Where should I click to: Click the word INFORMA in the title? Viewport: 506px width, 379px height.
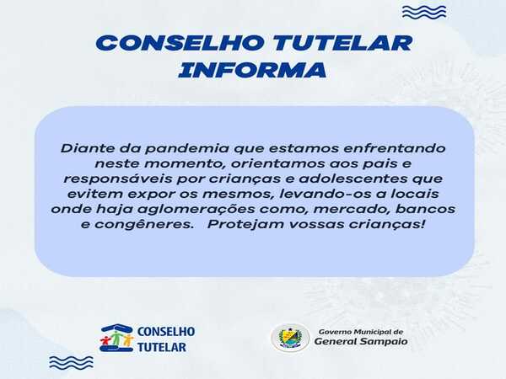(x=252, y=70)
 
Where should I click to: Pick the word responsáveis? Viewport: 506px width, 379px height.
(x=118, y=179)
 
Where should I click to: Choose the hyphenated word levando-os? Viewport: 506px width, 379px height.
(x=323, y=194)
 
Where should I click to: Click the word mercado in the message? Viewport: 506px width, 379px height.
(x=352, y=210)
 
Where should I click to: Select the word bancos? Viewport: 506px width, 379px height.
(x=425, y=210)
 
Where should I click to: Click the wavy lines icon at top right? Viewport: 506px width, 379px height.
(x=424, y=13)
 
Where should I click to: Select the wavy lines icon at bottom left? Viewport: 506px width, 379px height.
(x=72, y=362)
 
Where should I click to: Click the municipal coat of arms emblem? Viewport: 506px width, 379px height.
(x=290, y=338)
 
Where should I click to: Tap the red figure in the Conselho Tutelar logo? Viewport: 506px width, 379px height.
(x=105, y=341)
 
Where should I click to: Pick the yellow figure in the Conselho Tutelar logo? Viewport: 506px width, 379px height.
(x=128, y=340)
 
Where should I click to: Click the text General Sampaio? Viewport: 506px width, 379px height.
(x=361, y=342)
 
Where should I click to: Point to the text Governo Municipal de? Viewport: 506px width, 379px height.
(x=361, y=332)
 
